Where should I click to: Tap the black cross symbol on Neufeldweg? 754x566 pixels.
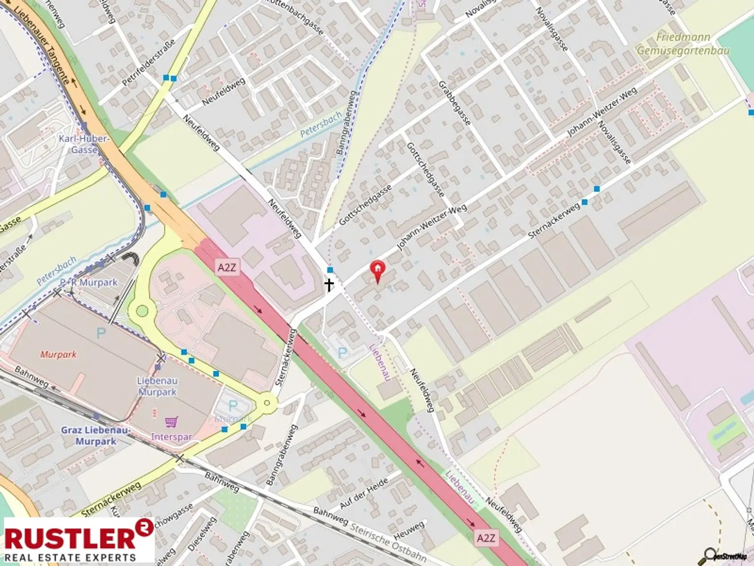click(329, 284)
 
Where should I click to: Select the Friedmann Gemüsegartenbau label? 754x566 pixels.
click(683, 44)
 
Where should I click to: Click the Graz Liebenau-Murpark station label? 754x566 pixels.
click(96, 436)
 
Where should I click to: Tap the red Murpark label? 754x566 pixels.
click(58, 354)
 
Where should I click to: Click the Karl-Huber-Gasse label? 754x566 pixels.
click(83, 144)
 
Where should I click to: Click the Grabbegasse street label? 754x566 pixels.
click(455, 103)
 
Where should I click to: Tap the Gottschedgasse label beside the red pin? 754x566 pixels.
click(365, 205)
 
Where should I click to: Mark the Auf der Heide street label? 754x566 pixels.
click(363, 493)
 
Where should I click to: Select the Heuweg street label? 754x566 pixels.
click(408, 531)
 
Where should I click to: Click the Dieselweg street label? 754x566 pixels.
click(202, 534)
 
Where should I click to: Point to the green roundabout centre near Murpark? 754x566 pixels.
click(142, 311)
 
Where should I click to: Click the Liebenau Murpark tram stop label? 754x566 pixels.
click(157, 386)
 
